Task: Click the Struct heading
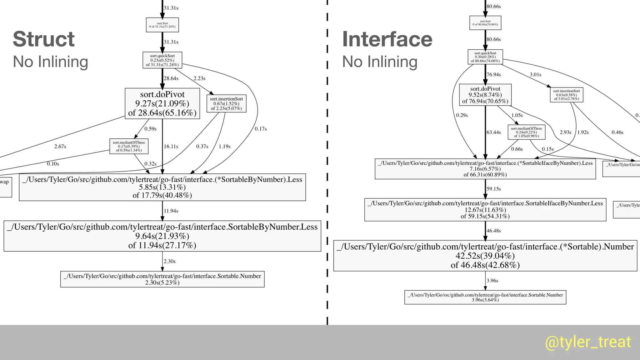pos(44,39)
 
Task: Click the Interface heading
pos(387,39)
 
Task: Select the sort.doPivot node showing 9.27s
pos(162,103)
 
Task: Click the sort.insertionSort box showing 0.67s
pos(226,103)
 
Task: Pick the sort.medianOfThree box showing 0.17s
pos(129,146)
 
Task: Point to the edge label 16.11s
pos(171,146)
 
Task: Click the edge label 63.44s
pos(493,132)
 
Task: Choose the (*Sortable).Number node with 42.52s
pos(485,256)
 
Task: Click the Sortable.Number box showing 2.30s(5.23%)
pos(162,279)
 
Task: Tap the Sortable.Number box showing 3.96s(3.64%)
pos(485,297)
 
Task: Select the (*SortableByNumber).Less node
pos(162,187)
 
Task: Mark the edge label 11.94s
pos(171,211)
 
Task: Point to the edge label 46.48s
pos(493,231)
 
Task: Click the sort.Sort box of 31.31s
pos(162,25)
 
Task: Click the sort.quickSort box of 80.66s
pos(485,57)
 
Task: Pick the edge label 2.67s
pos(60,146)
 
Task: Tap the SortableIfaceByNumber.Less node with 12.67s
pos(485,210)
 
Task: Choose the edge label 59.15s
pos(493,189)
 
